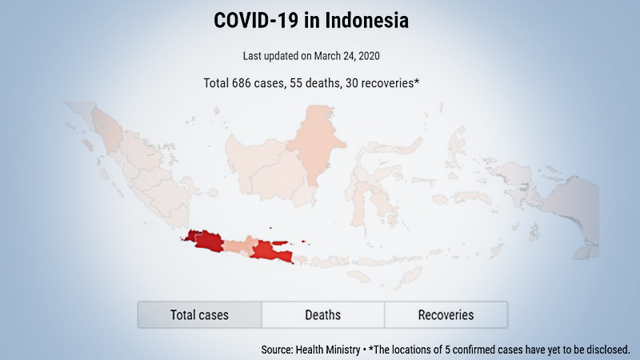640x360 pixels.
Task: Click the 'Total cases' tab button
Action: point(199,314)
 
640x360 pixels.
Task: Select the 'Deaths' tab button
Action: point(322,314)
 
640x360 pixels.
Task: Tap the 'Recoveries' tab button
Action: point(446,314)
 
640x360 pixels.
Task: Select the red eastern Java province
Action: point(273,251)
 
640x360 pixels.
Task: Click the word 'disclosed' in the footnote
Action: point(607,350)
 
